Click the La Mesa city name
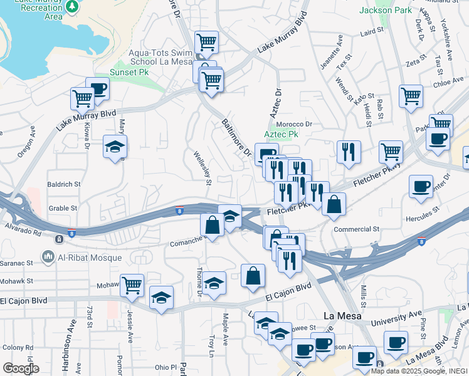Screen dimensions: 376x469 (342, 316)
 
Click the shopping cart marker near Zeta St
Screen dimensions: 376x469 (410, 97)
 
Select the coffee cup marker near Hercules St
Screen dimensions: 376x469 (420, 186)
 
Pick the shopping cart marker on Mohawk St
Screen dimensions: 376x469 (132, 286)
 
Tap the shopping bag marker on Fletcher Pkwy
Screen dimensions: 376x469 (334, 204)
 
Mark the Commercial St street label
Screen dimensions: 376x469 (357, 229)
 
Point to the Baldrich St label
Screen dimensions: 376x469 (64, 185)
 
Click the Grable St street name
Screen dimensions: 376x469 (63, 208)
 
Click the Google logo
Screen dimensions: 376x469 (21, 368)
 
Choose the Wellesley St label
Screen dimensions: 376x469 (202, 167)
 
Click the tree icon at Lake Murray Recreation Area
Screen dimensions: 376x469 (73, 6)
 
